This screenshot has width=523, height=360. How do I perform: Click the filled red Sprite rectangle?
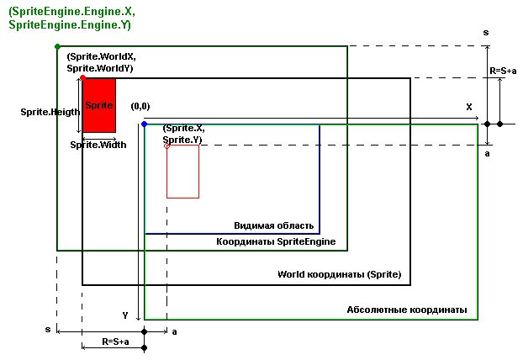pos(99,105)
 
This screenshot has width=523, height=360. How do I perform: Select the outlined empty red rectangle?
pos(182,172)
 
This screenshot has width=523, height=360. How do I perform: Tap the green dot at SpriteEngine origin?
pos(56,45)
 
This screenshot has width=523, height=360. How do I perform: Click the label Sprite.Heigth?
pos(50,111)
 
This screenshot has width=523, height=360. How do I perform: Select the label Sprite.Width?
pos(98,145)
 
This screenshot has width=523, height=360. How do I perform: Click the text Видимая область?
pos(274,225)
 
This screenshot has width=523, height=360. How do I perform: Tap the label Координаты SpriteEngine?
pos(277,241)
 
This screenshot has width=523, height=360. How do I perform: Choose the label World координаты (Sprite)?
pos(340,275)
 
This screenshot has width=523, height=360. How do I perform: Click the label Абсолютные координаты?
pos(407,310)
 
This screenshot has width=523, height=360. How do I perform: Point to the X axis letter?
pos(469,108)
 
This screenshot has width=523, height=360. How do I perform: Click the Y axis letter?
pos(125,315)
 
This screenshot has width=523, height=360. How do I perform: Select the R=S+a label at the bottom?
pos(115,341)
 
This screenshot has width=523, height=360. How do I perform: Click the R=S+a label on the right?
pos(503,71)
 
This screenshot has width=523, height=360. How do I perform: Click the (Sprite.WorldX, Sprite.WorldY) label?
pos(101,61)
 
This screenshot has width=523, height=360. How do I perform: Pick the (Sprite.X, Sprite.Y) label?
pos(183,134)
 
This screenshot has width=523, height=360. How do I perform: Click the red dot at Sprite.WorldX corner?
pos(82,77)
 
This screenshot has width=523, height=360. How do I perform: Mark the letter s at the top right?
pos(486,32)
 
